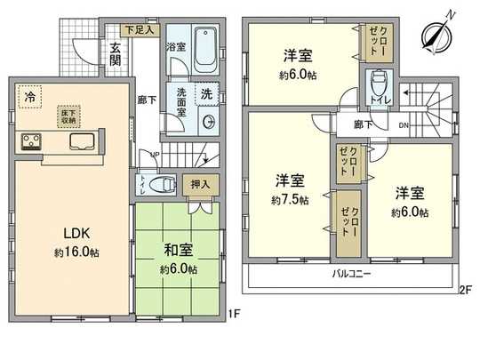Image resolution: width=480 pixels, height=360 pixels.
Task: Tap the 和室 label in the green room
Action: point(179,252)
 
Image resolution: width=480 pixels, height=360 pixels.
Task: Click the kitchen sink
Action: point(79,142)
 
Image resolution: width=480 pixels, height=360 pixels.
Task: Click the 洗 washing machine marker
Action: point(205,93)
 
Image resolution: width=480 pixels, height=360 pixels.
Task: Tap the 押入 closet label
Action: point(201,184)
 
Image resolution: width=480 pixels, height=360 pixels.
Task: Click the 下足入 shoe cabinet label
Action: point(140,30)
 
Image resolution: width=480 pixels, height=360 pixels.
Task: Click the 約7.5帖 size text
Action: point(291,201)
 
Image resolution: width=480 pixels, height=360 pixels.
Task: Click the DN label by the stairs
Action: point(402,124)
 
